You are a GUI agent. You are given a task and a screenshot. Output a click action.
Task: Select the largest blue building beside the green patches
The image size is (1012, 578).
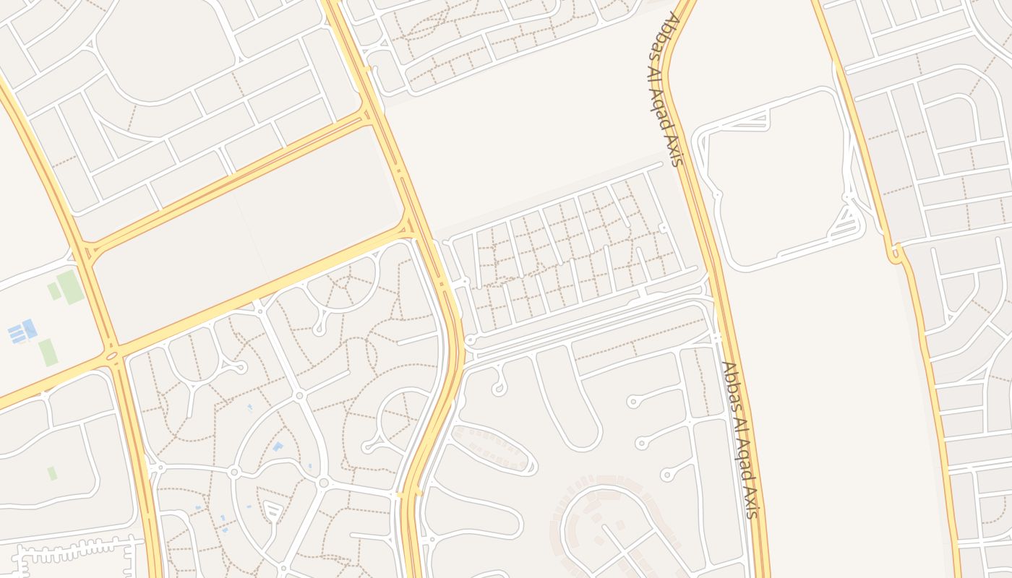click(x=29, y=329)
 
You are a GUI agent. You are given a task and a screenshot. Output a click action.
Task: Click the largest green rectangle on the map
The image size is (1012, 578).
click(x=70, y=287)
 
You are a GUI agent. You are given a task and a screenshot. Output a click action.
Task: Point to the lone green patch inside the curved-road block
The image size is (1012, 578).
click(x=52, y=473)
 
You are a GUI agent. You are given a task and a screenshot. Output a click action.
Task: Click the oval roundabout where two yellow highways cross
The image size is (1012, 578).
click(x=112, y=355)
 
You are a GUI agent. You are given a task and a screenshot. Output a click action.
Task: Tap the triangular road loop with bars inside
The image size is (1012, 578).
click(x=272, y=512)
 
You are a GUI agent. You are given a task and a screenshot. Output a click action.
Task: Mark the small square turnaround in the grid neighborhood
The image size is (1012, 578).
click(x=663, y=229)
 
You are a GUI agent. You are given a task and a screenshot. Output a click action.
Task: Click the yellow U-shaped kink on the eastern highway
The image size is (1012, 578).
click(x=896, y=254)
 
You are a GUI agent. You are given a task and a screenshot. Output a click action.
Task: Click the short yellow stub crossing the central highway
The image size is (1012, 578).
click(x=409, y=494)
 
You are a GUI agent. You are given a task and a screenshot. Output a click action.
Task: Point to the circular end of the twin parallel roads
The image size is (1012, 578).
click(x=470, y=340)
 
